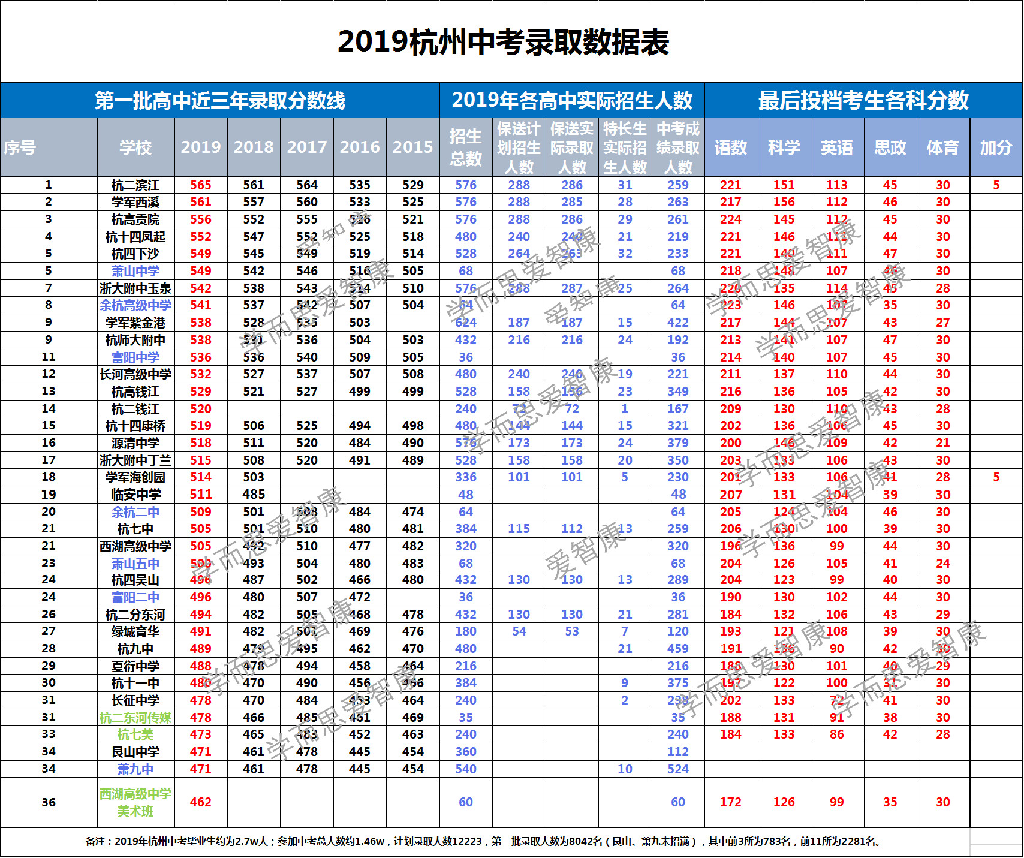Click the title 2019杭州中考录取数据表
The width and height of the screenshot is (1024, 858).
point(503,42)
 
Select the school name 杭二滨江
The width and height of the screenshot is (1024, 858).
point(135,185)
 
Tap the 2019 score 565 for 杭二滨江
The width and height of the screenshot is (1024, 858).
point(201,185)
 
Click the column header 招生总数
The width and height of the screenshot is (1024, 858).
point(466,147)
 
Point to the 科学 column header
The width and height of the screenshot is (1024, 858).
point(784,147)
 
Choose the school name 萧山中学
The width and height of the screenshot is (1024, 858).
point(135,271)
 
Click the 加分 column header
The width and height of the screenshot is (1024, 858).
point(996,147)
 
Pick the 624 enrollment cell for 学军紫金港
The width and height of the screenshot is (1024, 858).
point(466,323)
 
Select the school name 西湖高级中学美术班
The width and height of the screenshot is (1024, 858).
point(135,802)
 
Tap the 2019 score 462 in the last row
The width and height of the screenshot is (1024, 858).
point(201,802)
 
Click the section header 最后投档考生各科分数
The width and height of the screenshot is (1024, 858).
point(863,100)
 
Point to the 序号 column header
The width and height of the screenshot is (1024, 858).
point(20,147)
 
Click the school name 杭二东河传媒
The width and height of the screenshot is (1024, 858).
point(135,718)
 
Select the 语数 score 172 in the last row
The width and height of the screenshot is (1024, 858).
point(731,802)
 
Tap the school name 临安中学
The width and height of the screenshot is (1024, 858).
point(135,495)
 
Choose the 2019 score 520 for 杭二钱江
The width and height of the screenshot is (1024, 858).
point(201,409)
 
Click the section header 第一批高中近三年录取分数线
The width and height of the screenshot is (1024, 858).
point(219,100)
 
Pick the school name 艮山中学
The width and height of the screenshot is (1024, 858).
point(135,752)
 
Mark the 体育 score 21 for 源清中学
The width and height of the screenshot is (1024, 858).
point(943,443)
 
